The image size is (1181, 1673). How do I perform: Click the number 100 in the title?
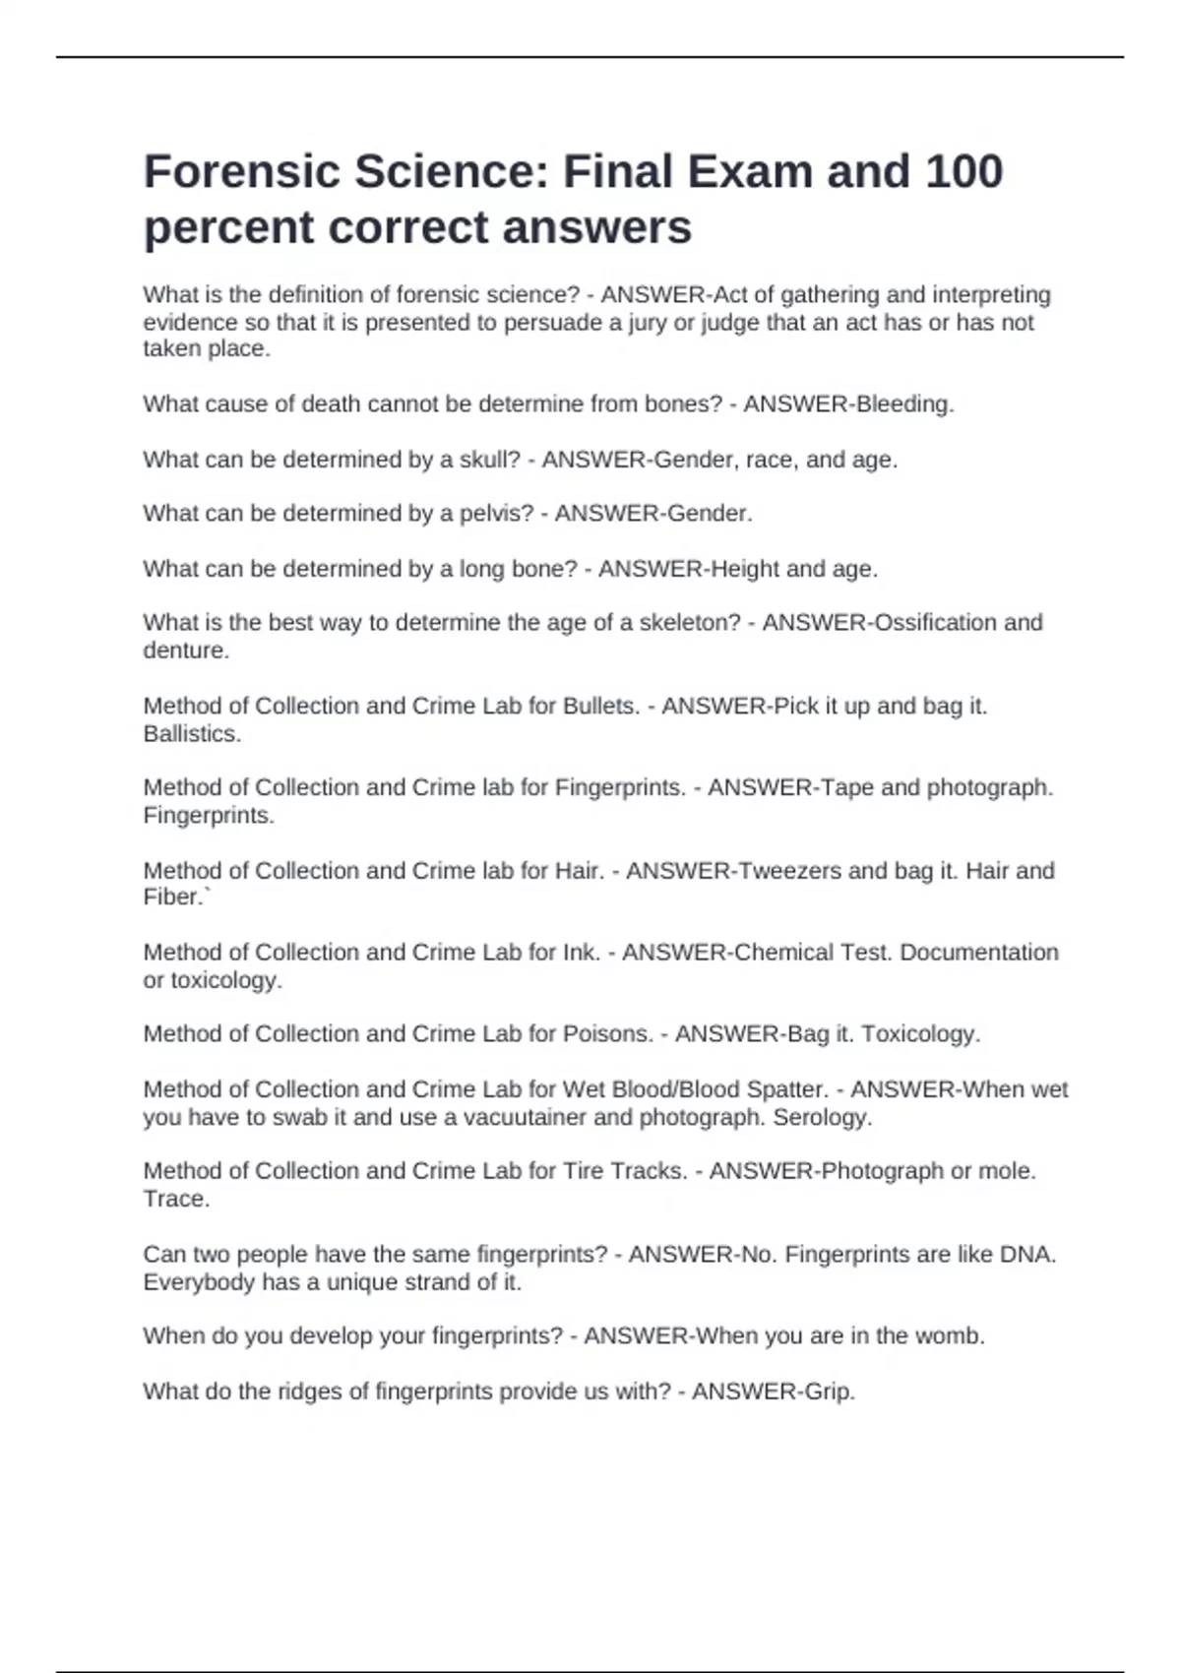point(963,171)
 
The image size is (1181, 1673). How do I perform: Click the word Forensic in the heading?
point(242,171)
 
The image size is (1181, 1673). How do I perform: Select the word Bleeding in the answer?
point(903,404)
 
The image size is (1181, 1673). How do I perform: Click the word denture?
point(185,651)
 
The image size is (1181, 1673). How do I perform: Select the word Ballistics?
point(191,734)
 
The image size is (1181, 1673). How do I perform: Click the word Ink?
point(581,953)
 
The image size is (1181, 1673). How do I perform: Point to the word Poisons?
point(606,1034)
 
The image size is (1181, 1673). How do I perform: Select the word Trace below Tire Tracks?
point(175,1200)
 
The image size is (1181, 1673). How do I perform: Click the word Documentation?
point(979,953)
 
